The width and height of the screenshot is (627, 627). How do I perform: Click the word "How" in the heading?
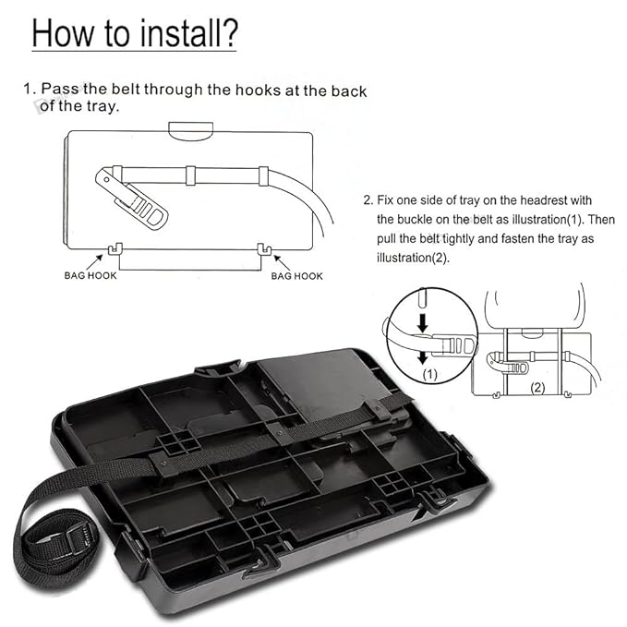click(63, 33)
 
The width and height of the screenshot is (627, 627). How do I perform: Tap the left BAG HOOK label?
click(90, 275)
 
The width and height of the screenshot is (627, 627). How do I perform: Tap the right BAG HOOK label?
click(296, 276)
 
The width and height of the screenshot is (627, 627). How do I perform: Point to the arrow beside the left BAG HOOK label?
click(94, 263)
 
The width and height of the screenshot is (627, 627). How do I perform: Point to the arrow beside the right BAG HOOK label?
click(282, 263)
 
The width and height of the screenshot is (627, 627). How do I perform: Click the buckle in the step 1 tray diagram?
click(132, 198)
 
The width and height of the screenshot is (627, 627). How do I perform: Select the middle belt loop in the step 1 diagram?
click(191, 175)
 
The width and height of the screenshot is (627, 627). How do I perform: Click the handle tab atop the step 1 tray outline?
click(191, 131)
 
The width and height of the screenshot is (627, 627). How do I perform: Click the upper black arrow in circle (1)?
click(422, 322)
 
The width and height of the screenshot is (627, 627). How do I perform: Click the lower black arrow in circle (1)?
click(422, 356)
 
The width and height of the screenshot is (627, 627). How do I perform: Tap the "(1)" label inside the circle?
click(430, 374)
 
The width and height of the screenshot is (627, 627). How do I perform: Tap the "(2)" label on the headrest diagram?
click(537, 387)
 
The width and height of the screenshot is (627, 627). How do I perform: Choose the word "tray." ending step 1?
click(102, 106)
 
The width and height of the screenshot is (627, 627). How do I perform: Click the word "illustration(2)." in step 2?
click(414, 258)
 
